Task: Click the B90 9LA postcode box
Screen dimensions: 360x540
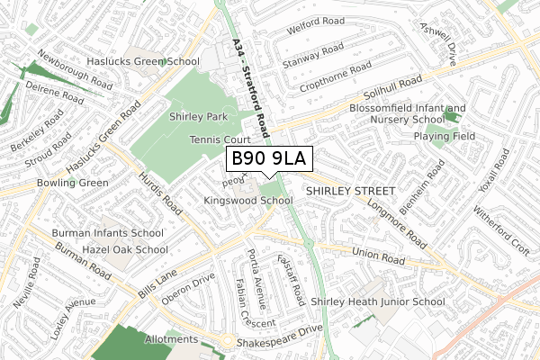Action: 269,159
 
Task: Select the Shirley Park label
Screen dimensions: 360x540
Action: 198,117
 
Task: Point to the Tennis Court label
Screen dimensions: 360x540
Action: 219,139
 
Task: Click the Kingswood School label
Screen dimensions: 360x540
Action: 248,200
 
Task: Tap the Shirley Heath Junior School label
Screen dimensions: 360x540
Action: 377,302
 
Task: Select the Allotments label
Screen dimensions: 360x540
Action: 170,339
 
